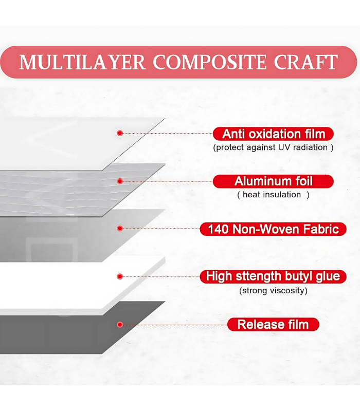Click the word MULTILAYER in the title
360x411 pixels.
[82, 62]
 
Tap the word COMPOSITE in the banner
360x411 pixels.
[210, 62]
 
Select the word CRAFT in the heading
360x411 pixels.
[305, 62]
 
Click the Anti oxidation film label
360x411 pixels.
[273, 134]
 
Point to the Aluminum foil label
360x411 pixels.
[273, 181]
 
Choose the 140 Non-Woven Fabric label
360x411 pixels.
[273, 229]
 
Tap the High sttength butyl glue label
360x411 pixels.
[273, 276]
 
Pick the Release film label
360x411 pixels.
[273, 325]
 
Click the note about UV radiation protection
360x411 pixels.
[273, 147]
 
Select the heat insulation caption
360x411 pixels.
[273, 195]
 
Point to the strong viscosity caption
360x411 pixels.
[273, 291]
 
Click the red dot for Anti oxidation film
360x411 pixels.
[120, 133]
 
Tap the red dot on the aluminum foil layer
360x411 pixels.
[120, 181]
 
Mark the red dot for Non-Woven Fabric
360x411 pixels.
[120, 229]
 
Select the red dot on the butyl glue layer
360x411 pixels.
[120, 276]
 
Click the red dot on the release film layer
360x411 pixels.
[120, 325]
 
